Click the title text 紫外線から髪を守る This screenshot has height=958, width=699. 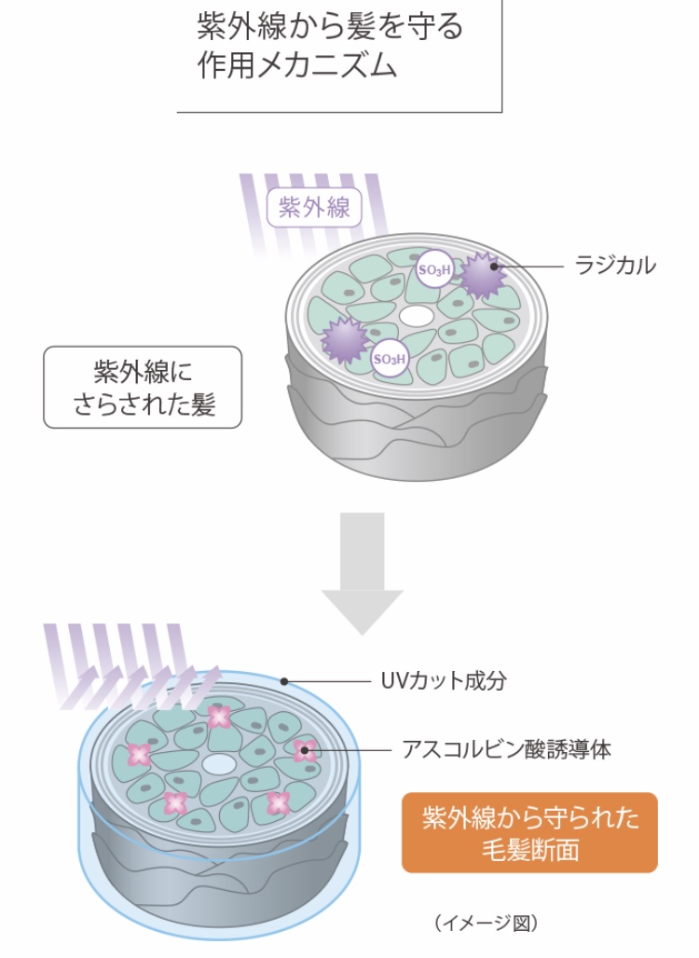(x=330, y=26)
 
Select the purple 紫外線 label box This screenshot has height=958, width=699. (x=313, y=207)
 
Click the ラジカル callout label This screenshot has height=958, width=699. (x=615, y=266)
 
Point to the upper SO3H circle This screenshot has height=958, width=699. (x=433, y=268)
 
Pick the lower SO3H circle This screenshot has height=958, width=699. (x=390, y=358)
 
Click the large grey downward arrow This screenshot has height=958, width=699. (x=362, y=568)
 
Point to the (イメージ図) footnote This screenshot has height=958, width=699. (x=486, y=923)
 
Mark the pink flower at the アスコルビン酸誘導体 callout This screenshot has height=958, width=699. (x=304, y=749)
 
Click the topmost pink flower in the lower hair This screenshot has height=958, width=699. (x=219, y=716)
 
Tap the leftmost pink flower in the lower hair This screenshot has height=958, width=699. (x=139, y=754)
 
